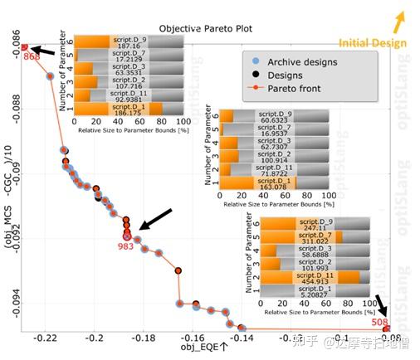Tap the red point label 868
pyautogui.click(x=32, y=57)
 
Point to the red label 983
pyautogui.click(x=125, y=246)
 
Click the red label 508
pyautogui.click(x=379, y=321)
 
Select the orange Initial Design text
pyautogui.click(x=374, y=42)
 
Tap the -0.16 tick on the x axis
pyautogui.click(x=193, y=339)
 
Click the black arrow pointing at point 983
pyautogui.click(x=157, y=218)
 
